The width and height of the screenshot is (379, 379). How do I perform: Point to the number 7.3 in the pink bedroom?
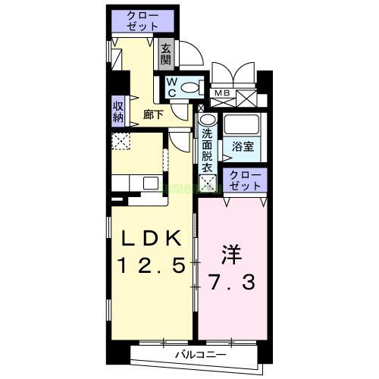tap(231, 283)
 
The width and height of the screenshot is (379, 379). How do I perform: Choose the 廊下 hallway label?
tap(154, 117)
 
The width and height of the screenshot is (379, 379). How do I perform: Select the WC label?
tap(172, 86)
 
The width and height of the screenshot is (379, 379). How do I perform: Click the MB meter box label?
tap(221, 93)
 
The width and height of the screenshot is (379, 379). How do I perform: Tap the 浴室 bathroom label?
tap(243, 145)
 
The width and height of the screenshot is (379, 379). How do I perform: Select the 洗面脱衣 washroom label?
tap(207, 148)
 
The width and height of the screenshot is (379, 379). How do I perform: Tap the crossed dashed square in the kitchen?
tap(122, 141)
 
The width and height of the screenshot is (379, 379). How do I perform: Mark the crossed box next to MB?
tap(246, 97)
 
